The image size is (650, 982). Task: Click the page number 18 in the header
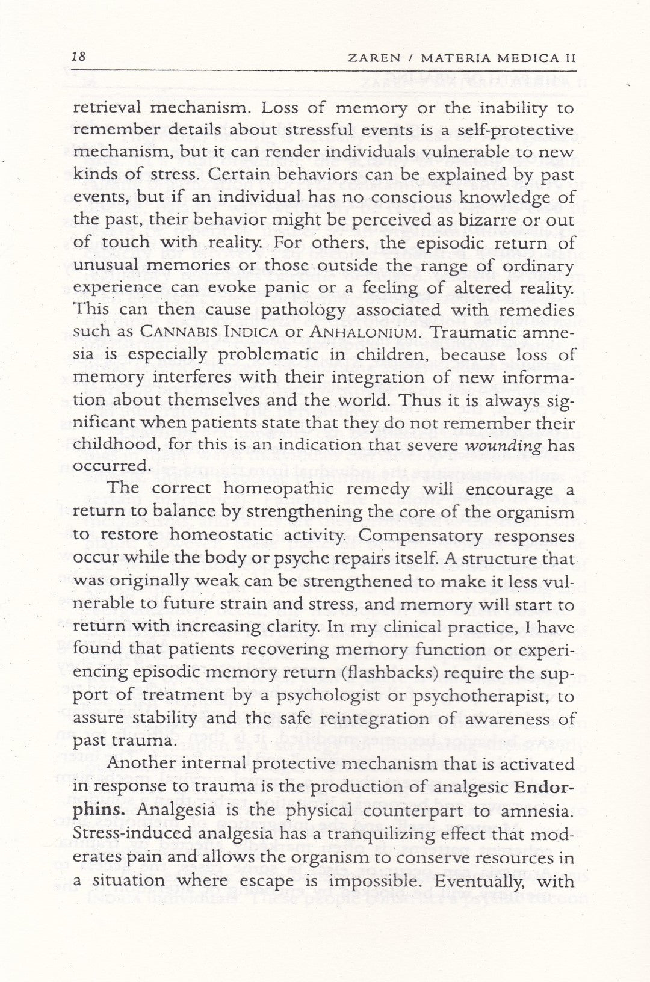(79, 57)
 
